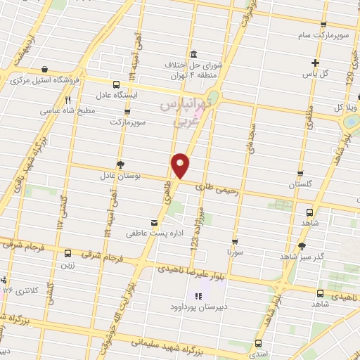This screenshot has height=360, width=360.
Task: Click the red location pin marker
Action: click(x=181, y=165)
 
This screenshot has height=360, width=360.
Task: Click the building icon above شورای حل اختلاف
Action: click(x=194, y=55)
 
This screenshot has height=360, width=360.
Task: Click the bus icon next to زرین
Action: click(x=67, y=253)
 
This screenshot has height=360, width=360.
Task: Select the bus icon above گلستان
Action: click(x=300, y=173)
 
